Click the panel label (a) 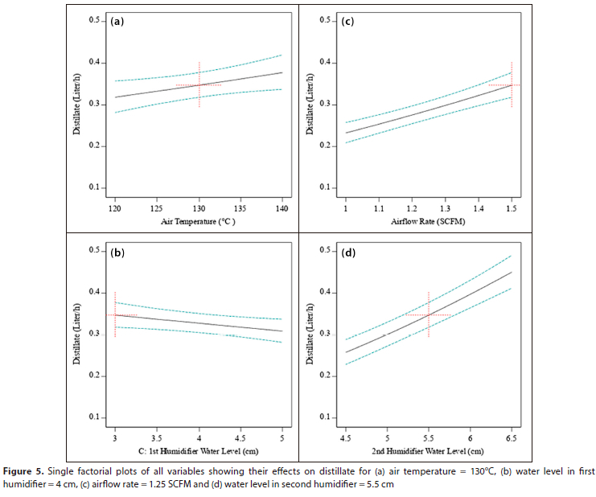point(117,22)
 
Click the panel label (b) point(117,253)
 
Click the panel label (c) point(347,22)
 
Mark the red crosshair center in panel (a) point(199,84)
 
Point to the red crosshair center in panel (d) point(429,314)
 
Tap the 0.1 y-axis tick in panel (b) point(93,417)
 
